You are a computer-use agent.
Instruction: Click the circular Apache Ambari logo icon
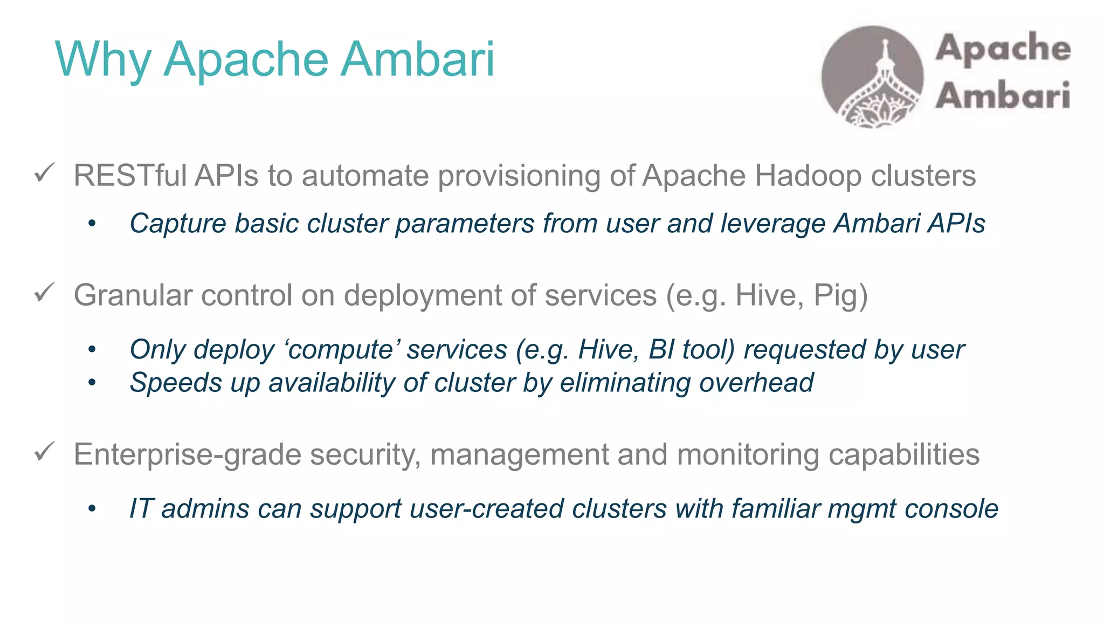(x=872, y=77)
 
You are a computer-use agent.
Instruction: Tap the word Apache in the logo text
(x=1003, y=49)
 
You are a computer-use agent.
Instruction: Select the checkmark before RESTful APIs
(x=44, y=174)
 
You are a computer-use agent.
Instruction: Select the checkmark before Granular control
(x=44, y=293)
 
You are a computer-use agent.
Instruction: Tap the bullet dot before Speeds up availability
(x=92, y=383)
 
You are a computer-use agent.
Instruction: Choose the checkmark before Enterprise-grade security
(x=44, y=452)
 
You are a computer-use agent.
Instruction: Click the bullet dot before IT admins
(x=92, y=509)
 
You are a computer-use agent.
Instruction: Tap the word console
(x=951, y=509)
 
